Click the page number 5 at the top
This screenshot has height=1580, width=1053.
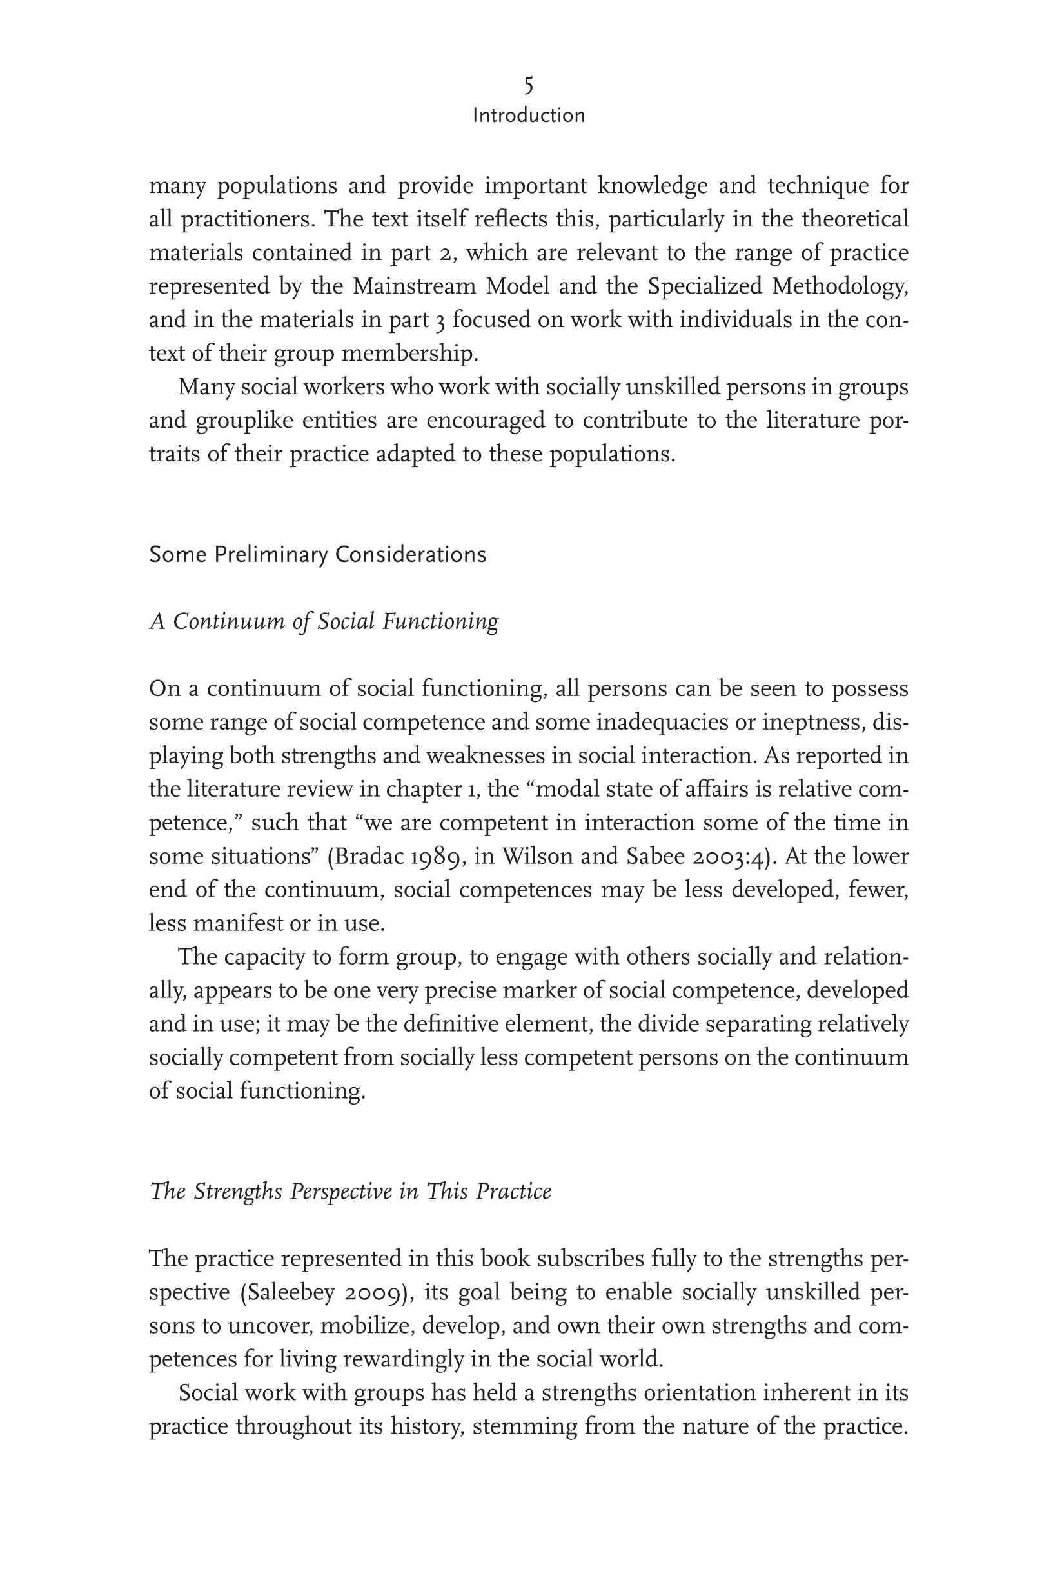pyautogui.click(x=529, y=86)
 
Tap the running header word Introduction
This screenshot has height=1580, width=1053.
pyautogui.click(x=529, y=115)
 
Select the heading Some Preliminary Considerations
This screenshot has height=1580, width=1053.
pyautogui.click(x=317, y=555)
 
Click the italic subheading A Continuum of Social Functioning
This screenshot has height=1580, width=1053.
pyautogui.click(x=324, y=621)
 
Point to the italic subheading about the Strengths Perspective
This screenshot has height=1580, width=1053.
pyautogui.click(x=350, y=1191)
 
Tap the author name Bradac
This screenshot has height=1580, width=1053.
pyautogui.click(x=366, y=857)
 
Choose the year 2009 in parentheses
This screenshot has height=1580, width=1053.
pyautogui.click(x=376, y=1292)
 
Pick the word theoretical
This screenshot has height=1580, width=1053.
pyautogui.click(x=855, y=219)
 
